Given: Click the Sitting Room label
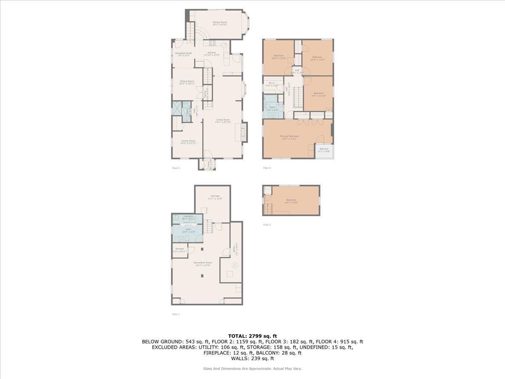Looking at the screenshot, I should pos(219,21).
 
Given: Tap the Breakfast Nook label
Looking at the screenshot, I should pos(183,53).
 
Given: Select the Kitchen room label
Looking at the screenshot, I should pos(212,53).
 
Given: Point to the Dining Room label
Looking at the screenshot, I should pos(187,81).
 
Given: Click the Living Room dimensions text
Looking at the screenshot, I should pos(223,123).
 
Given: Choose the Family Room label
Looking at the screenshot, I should pos(188,141).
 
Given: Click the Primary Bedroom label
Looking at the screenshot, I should pos(289,136).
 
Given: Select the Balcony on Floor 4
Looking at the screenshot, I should pos(324,150).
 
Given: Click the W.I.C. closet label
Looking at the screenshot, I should pos(272,83).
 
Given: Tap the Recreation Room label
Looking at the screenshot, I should pos(202,262).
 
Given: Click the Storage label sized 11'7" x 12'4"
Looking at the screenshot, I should pos(215,196).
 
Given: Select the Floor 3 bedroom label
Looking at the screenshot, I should pos(291,200).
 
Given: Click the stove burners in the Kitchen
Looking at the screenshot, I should pos(212,43).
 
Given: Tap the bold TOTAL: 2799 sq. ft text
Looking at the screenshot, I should pos(252,336).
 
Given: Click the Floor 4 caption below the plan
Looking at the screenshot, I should pos(267,168).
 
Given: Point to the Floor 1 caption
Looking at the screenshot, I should pos(175,314).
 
